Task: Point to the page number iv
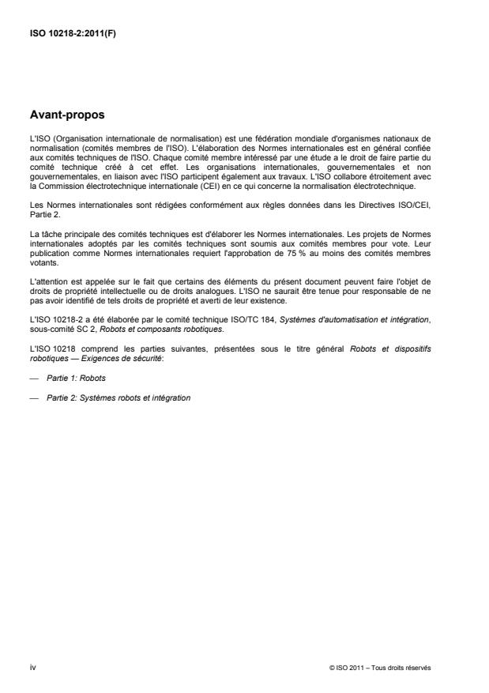click(32, 667)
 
